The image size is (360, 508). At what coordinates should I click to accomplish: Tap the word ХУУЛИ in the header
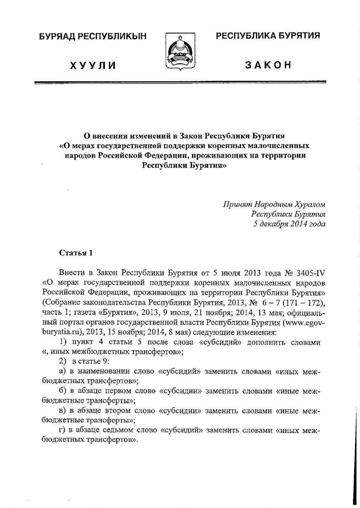[94, 66]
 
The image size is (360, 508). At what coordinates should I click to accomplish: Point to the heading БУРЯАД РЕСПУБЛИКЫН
[93, 36]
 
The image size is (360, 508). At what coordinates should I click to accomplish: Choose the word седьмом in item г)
[119, 430]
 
